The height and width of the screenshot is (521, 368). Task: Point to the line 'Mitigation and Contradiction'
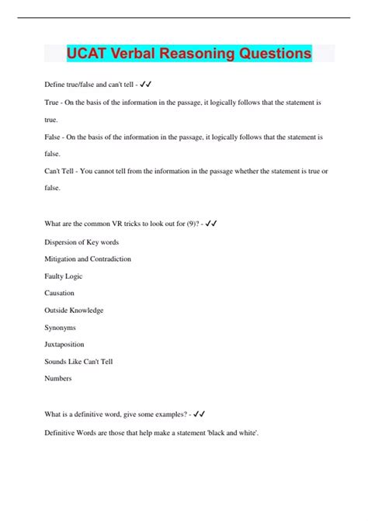click(88, 259)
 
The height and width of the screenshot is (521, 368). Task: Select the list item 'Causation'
click(60, 293)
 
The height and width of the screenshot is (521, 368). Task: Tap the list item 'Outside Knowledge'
click(74, 311)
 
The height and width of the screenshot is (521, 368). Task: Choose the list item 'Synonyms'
click(61, 328)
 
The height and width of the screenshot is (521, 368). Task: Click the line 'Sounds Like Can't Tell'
click(79, 362)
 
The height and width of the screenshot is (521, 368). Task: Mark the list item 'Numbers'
click(59, 379)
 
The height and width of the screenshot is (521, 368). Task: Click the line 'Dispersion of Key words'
click(81, 241)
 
